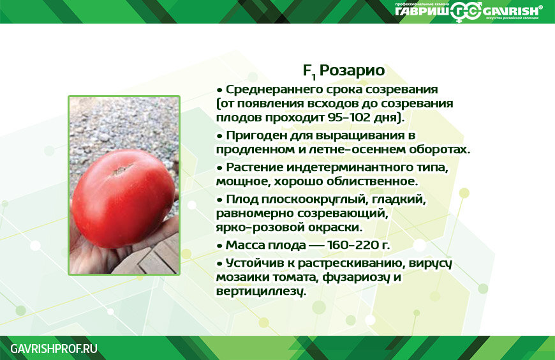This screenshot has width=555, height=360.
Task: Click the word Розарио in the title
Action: (352, 70)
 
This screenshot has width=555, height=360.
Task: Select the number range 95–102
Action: (344, 117)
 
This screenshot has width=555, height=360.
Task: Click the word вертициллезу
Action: (260, 292)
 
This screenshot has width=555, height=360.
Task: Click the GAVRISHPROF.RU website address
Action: (54, 349)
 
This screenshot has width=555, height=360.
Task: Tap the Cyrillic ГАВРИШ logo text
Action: (422, 11)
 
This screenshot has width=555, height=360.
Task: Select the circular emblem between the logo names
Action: (466, 11)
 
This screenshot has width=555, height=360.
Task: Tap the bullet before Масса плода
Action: (220, 246)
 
